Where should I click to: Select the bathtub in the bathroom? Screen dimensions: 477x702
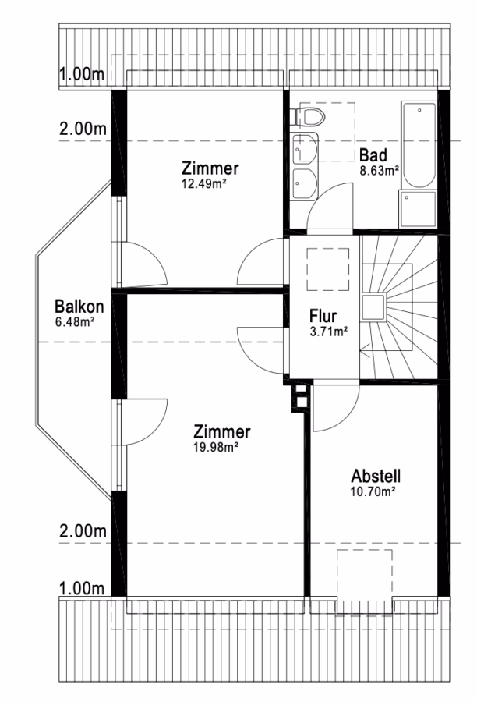tap(419, 144)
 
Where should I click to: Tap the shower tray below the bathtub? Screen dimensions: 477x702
tap(418, 208)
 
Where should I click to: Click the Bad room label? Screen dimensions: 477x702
tap(373, 156)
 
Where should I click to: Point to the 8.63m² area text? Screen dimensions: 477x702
tap(380, 171)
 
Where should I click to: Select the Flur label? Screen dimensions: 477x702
tap(323, 316)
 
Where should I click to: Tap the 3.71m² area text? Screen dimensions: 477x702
tap(329, 331)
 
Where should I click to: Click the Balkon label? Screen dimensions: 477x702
tap(79, 307)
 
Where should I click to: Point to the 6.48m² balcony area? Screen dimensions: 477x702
tap(74, 322)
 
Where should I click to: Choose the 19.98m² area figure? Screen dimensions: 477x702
tap(215, 447)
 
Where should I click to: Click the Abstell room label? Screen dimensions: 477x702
tap(376, 476)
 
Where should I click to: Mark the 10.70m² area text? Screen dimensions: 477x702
tap(373, 491)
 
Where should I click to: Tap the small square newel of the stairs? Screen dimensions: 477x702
tap(373, 308)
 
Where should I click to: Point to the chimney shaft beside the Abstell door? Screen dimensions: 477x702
tap(301, 396)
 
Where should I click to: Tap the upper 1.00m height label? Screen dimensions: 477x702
tap(83, 74)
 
